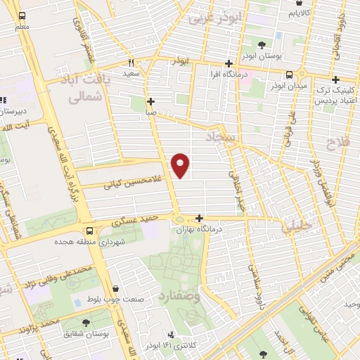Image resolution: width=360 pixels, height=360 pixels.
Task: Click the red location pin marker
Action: pyautogui.click(x=181, y=165)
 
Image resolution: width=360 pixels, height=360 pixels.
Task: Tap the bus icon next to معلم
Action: pyautogui.click(x=22, y=15)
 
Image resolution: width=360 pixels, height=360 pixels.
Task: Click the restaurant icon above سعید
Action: pyautogui.click(x=131, y=62)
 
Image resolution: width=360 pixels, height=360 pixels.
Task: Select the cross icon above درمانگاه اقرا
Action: pyautogui.click(x=228, y=63)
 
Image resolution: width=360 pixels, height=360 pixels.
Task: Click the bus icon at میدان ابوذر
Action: pyautogui.click(x=289, y=75)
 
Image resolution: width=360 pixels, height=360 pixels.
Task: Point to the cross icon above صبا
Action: pyautogui.click(x=150, y=101)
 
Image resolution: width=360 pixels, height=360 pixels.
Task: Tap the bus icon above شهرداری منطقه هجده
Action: pyautogui.click(x=89, y=231)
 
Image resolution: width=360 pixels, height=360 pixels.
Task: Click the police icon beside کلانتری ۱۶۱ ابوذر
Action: pyautogui.click(x=171, y=335)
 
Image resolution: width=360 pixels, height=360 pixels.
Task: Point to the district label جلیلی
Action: pyautogui.click(x=295, y=226)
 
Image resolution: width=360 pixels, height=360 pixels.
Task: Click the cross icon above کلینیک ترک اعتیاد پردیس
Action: pyautogui.click(x=336, y=79)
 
